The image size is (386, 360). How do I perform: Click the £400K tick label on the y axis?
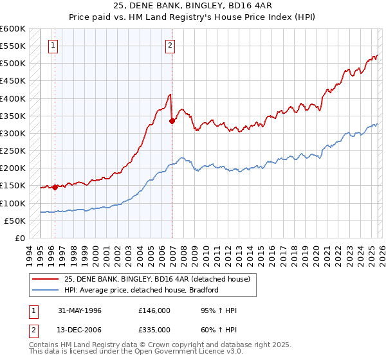click(x=13, y=98)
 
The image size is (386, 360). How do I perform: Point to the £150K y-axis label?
click(x=13, y=186)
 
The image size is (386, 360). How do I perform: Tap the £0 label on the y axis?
click(x=20, y=238)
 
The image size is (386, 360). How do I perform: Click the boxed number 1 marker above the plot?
click(x=52, y=45)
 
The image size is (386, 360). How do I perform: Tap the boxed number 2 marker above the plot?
click(x=170, y=45)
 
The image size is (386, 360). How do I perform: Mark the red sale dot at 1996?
click(x=55, y=187)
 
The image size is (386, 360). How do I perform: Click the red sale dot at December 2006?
click(x=172, y=121)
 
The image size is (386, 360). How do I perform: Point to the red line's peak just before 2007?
click(x=170, y=94)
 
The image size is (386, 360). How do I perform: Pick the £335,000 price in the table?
click(x=154, y=331)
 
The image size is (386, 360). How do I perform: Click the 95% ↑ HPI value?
click(x=211, y=310)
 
